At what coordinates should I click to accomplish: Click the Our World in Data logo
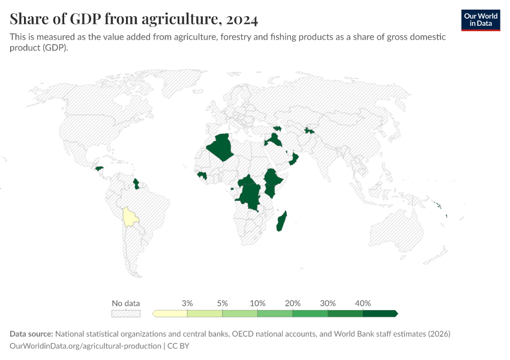(x=480, y=20)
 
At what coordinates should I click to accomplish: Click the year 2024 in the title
(x=242, y=20)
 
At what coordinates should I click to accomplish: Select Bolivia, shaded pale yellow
(x=130, y=217)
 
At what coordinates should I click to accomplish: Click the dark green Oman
(x=294, y=158)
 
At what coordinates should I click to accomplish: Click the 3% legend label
(x=187, y=303)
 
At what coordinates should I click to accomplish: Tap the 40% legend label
(x=363, y=303)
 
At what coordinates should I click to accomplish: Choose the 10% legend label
(x=257, y=303)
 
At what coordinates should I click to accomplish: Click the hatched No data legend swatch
(x=126, y=313)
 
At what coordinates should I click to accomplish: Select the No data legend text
(x=126, y=303)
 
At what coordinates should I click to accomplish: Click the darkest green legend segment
(x=380, y=313)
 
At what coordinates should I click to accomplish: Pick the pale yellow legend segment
(x=170, y=313)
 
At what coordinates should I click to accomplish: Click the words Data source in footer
(x=31, y=334)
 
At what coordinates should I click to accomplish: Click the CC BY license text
(x=178, y=346)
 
